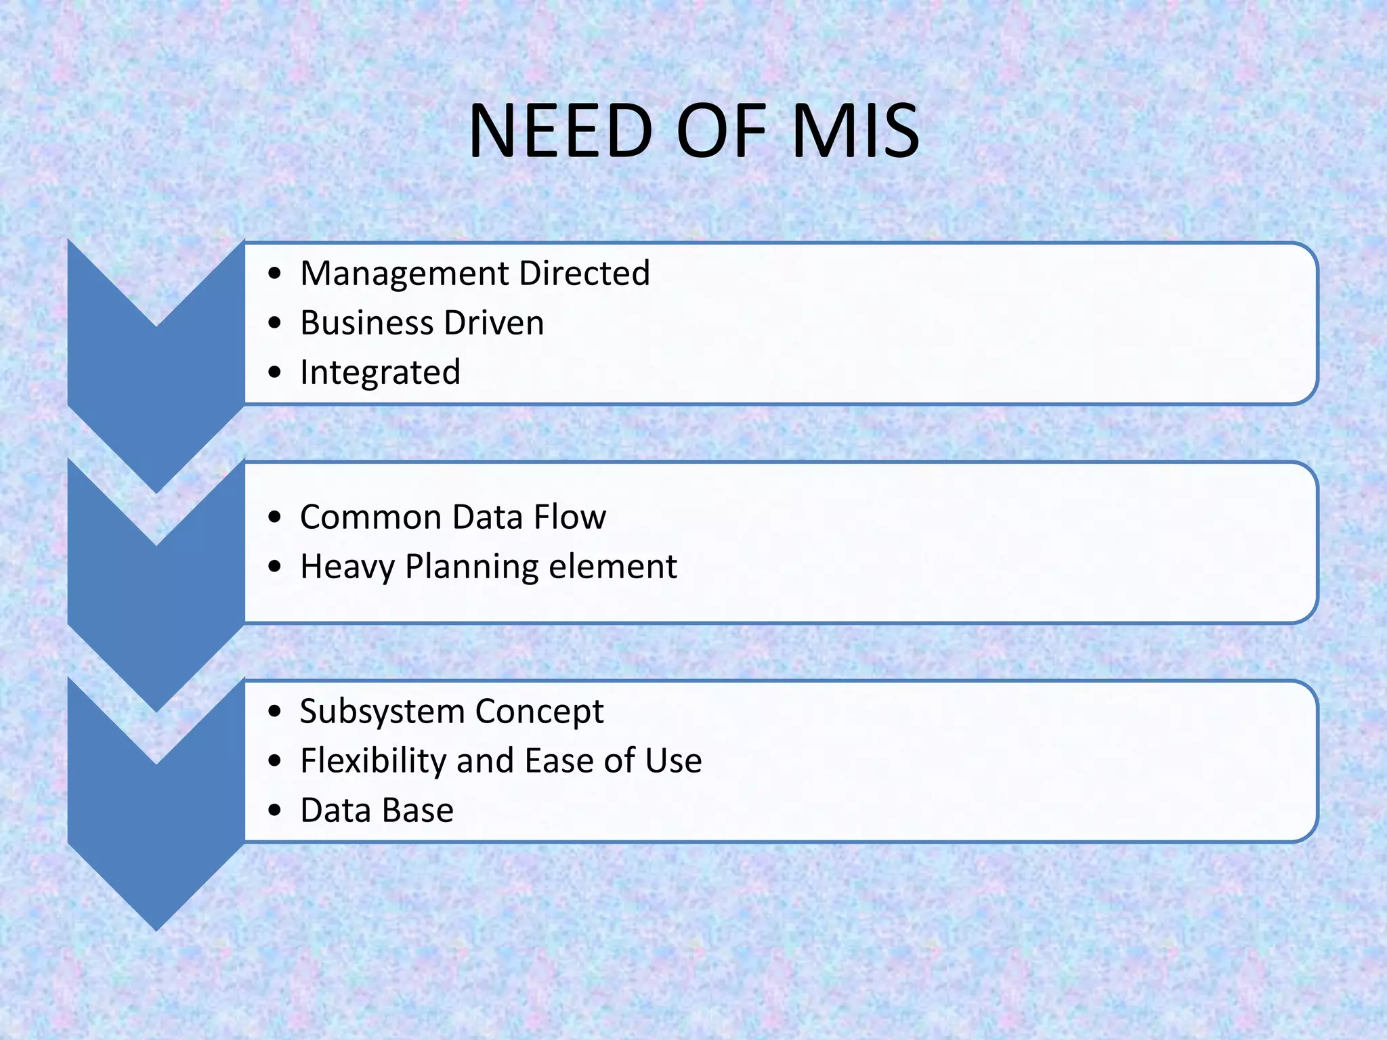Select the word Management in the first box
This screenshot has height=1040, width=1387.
point(404,274)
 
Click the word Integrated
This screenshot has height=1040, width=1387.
point(380,373)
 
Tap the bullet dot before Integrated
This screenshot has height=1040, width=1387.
point(274,372)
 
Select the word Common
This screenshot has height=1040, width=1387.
point(370,517)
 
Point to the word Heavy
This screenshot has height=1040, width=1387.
point(347,567)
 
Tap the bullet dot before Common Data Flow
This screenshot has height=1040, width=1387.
point(274,517)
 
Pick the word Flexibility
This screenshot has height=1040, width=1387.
point(373,761)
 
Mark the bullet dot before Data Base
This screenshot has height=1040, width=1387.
point(274,810)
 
